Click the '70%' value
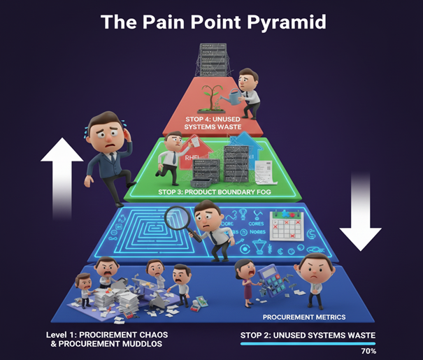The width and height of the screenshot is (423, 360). (368, 351)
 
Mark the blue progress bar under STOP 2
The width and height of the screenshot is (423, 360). (308, 343)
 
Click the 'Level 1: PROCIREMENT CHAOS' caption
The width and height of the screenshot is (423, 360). (107, 334)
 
